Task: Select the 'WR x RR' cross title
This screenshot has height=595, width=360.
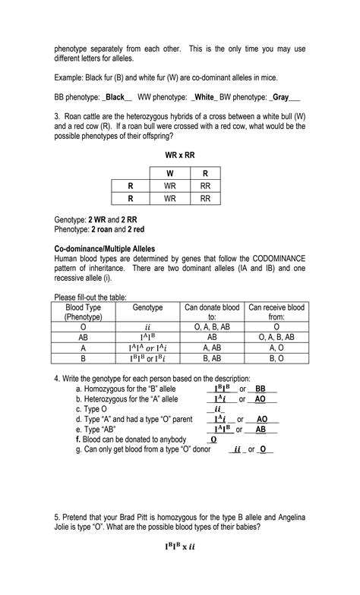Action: point(179,155)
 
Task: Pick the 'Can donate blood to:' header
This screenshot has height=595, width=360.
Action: point(212,312)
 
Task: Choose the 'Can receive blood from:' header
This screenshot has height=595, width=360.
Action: point(276,312)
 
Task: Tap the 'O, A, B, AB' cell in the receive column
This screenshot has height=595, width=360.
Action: point(276,336)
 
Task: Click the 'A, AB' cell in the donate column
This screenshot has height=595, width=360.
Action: point(212,347)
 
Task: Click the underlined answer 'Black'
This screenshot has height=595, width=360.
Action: point(115,97)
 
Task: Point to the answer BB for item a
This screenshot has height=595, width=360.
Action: point(260,389)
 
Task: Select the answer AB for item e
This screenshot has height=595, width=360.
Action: point(261,429)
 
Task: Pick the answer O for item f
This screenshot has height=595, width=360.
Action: point(213,439)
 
